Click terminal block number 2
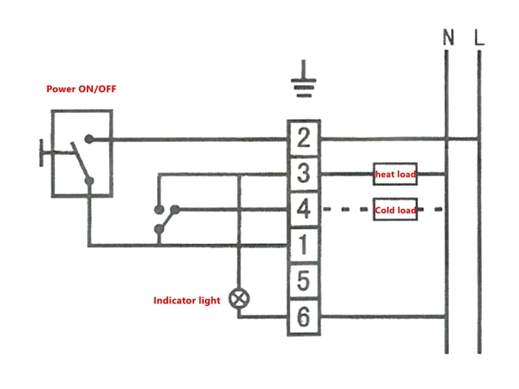pyautogui.click(x=304, y=137)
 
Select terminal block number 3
pyautogui.click(x=304, y=174)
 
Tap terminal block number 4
pyautogui.click(x=304, y=209)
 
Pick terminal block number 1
pyautogui.click(x=304, y=245)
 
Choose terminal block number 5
pyautogui.click(x=304, y=281)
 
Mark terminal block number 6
pyautogui.click(x=304, y=317)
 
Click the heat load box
pyautogui.click(x=395, y=174)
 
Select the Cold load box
pyautogui.click(x=395, y=209)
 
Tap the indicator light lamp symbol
pyautogui.click(x=239, y=299)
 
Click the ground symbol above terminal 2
pyautogui.click(x=304, y=79)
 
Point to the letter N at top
pyautogui.click(x=448, y=37)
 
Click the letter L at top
pyautogui.click(x=479, y=37)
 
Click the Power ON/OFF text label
pyautogui.click(x=82, y=89)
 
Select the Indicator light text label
pyautogui.click(x=187, y=300)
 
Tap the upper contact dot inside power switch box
pyautogui.click(x=89, y=139)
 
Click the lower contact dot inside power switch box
pyautogui.click(x=90, y=181)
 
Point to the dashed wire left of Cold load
pyautogui.click(x=346, y=209)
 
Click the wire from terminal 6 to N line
pyautogui.click(x=383, y=317)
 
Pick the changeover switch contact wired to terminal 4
pyautogui.click(x=175, y=209)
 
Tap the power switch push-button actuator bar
pyautogui.click(x=42, y=153)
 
